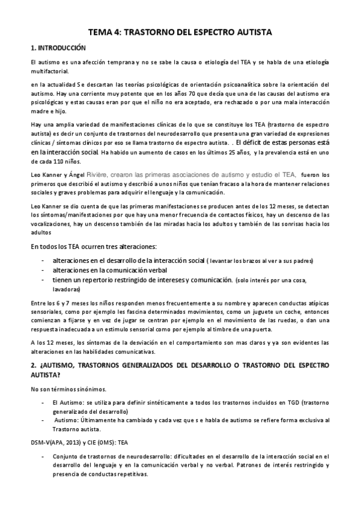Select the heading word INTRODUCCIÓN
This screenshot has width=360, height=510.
(61, 48)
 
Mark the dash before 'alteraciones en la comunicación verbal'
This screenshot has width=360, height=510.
(41, 270)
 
